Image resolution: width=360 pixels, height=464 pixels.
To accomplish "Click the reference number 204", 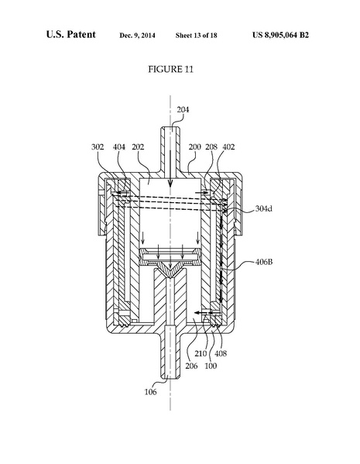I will point(183,110).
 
